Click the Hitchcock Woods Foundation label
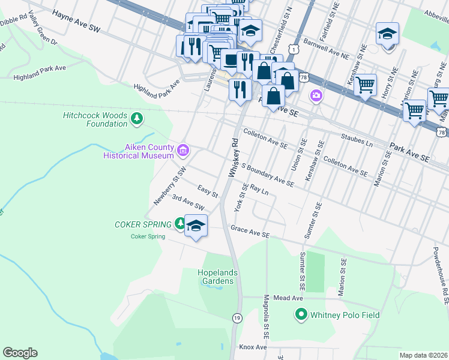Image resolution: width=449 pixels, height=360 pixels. click(95, 119)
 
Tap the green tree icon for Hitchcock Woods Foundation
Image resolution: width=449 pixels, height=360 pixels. click(137, 119)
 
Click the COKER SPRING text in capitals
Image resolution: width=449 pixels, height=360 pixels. click(143, 224)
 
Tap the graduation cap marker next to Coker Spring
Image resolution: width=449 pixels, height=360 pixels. click(196, 226)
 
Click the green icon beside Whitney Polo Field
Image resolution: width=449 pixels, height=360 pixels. click(301, 314)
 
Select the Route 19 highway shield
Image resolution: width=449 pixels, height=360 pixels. click(237, 317)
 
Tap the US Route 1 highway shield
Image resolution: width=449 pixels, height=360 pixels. click(293, 47)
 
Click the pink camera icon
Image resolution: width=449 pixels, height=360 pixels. click(316, 95)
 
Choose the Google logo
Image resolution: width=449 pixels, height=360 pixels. click(20, 353)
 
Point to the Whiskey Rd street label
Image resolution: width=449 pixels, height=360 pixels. click(234, 158)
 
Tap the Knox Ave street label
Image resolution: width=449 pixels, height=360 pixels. click(252, 347)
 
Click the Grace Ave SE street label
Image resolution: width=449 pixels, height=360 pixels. click(250, 230)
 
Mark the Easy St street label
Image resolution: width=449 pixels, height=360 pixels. click(207, 191)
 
